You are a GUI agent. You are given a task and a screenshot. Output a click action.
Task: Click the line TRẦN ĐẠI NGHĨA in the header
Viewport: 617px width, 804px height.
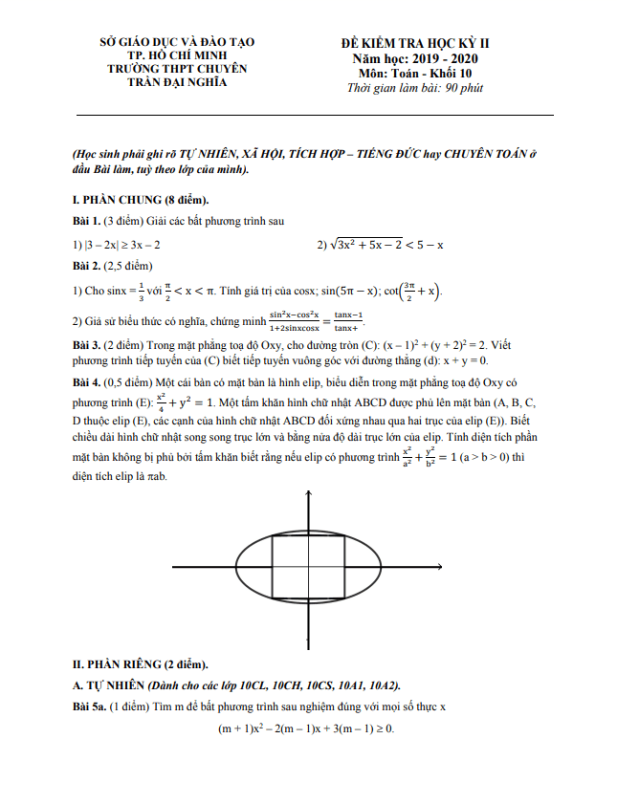[x=178, y=83]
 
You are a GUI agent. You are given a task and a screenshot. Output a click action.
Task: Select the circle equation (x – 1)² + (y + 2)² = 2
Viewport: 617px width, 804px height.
[x=430, y=344]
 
